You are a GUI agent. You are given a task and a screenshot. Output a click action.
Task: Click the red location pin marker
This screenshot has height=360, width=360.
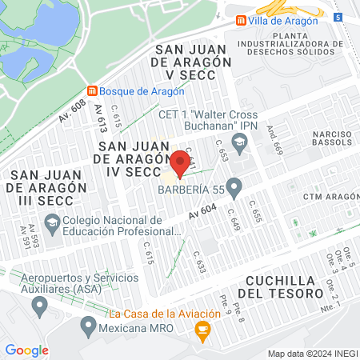click(x=180, y=163)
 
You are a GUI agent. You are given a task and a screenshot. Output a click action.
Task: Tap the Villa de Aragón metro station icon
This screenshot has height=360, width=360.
click(x=240, y=20)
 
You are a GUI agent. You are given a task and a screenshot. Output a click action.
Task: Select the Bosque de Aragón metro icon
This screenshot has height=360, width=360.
click(x=93, y=91)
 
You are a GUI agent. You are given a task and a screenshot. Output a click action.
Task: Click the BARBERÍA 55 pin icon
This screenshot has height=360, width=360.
click(x=234, y=190)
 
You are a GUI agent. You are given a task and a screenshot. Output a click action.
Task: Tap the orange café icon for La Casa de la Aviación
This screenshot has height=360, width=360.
click(x=203, y=327)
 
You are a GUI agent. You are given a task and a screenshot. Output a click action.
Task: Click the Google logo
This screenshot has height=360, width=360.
click(x=27, y=350)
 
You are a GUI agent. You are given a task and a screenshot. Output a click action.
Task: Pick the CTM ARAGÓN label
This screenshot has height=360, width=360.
click(x=330, y=197)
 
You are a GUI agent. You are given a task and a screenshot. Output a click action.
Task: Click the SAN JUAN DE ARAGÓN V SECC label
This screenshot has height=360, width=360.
click(x=193, y=62)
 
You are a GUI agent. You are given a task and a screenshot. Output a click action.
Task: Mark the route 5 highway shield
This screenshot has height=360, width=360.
click(x=339, y=17)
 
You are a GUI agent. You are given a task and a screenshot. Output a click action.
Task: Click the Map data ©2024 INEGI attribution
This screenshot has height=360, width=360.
click(x=311, y=354)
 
